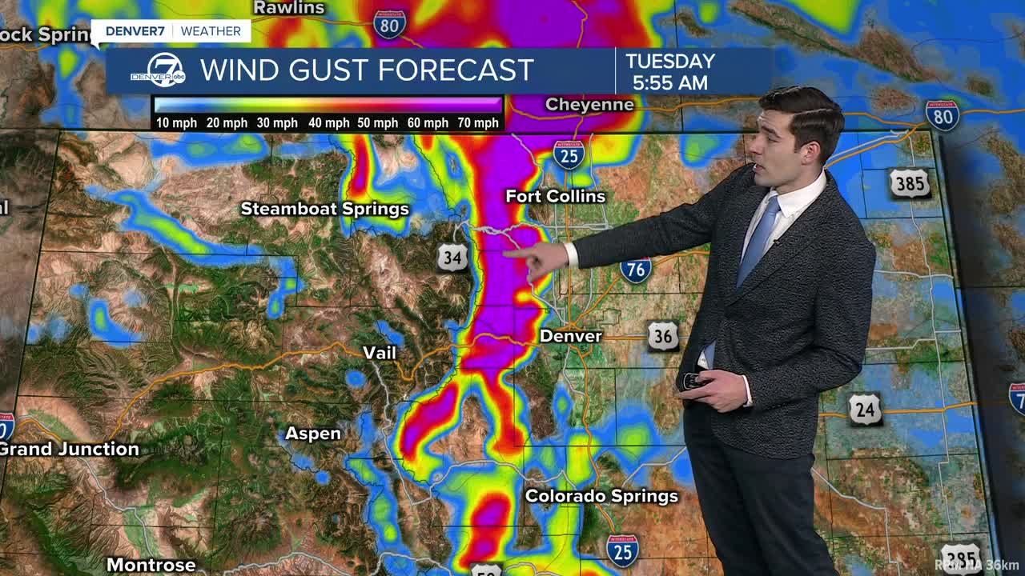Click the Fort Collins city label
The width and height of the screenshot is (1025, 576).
[555, 196]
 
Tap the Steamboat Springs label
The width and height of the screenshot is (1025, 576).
[324, 209]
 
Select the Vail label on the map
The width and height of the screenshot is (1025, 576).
[379, 353]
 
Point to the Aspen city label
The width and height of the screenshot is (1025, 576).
[313, 434]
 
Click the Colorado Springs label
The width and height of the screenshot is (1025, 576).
[601, 496]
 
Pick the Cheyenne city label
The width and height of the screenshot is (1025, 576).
[589, 105]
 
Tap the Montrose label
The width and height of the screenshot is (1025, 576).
[151, 565]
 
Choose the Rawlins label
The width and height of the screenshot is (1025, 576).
[288, 8]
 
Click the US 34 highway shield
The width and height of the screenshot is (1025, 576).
[452, 258]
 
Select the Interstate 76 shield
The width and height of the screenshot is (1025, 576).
[635, 270]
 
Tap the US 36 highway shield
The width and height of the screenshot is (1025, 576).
[663, 337]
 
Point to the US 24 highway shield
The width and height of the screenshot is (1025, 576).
[866, 410]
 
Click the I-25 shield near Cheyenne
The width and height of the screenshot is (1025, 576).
[568, 154]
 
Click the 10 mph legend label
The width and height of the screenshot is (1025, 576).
[174, 123]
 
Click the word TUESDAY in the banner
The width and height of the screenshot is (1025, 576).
[669, 62]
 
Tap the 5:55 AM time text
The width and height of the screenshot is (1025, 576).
[669, 83]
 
